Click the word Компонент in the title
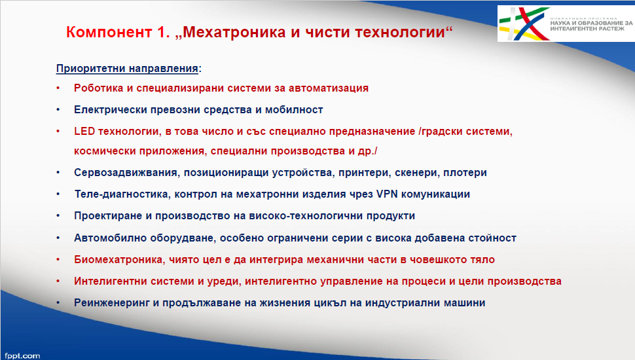click(x=109, y=32)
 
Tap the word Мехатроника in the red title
click(x=234, y=32)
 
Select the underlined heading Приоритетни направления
click(x=127, y=69)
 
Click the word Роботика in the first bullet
click(x=98, y=88)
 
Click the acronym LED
click(x=84, y=131)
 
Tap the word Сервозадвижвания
click(x=126, y=173)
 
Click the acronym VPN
click(x=387, y=194)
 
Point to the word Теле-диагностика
click(x=122, y=194)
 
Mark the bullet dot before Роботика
click(x=58, y=88)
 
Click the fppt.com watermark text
click(x=22, y=355)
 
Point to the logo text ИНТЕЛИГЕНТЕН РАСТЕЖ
click(x=587, y=29)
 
